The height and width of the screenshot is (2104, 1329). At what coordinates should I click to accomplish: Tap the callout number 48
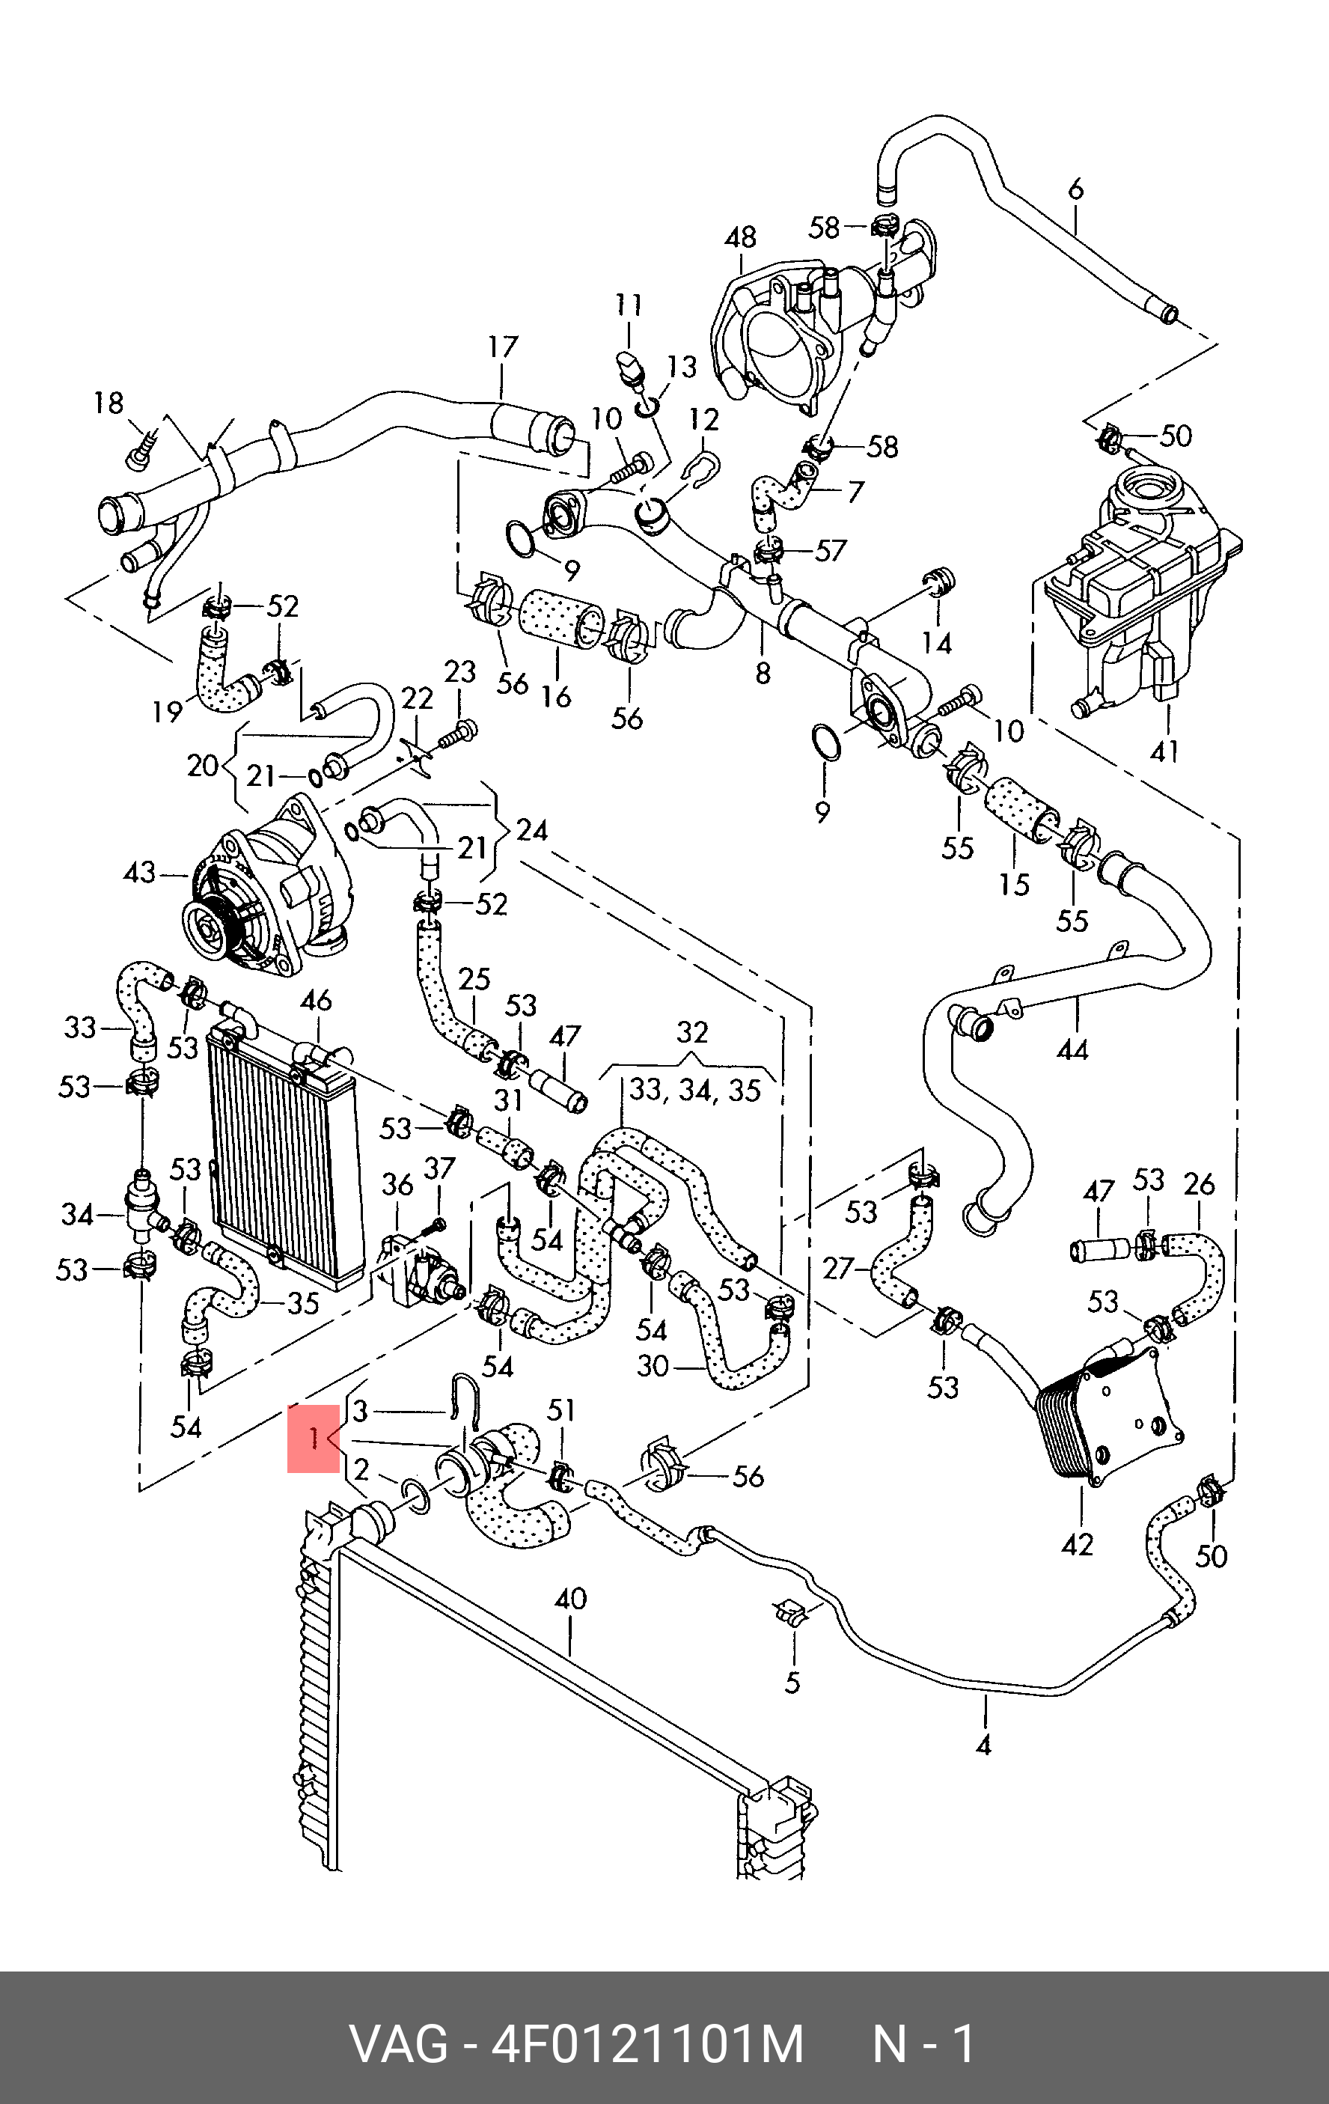click(x=741, y=238)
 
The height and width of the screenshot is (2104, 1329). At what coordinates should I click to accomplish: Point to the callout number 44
click(x=1073, y=1049)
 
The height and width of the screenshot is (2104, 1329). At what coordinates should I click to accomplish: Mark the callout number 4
click(x=983, y=1745)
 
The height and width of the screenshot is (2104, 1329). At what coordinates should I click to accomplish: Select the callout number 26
click(x=1200, y=1184)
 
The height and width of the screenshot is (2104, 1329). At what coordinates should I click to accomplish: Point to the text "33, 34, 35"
click(x=694, y=1091)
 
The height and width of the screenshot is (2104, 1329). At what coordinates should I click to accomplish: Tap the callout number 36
click(x=397, y=1185)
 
